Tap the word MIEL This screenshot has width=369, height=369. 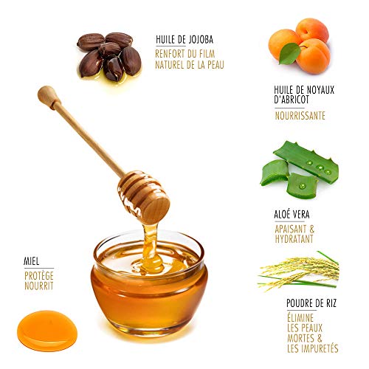coord(30,261)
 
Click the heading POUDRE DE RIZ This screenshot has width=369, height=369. coord(312,302)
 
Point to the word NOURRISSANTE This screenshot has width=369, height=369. coord(300,116)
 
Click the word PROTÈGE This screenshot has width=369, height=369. coord(38,275)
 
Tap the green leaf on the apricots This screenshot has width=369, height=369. coord(289,53)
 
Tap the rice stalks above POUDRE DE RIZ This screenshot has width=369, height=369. coord(299,272)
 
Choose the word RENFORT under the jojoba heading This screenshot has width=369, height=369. coord(170,53)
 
